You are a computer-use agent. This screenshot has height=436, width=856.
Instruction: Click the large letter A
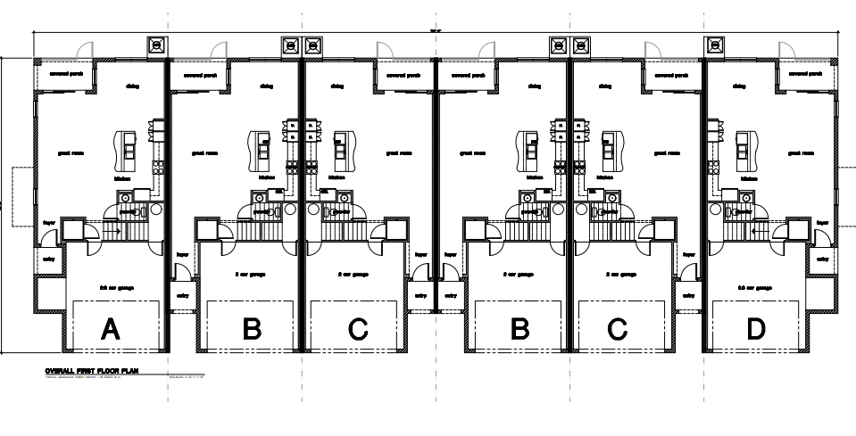tap(110, 330)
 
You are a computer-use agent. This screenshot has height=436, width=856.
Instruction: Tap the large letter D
tap(756, 330)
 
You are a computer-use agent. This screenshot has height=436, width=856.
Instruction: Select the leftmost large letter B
tap(253, 330)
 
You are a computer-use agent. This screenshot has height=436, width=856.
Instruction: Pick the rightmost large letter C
tap(617, 330)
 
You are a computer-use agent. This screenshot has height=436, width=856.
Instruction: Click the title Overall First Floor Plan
tap(93, 370)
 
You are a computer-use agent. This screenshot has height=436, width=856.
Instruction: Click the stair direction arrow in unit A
tap(110, 229)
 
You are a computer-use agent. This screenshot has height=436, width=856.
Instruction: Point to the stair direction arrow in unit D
tap(757, 229)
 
